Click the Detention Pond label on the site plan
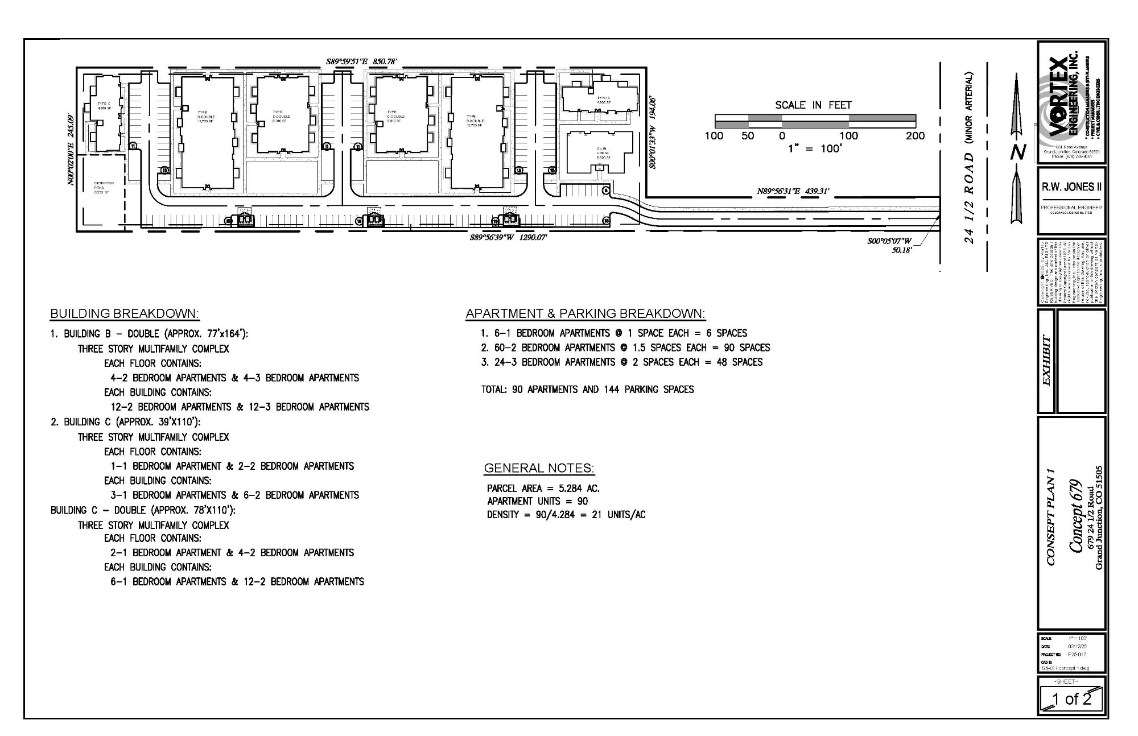tap(104, 187)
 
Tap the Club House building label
tap(603, 153)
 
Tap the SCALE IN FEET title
tap(813, 105)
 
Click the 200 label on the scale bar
tap(915, 136)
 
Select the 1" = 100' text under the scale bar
tap(814, 149)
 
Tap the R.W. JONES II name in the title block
tap(1071, 187)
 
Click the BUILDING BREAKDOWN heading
tap(125, 314)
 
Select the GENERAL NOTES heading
tap(539, 468)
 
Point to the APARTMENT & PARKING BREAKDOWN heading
tap(585, 314)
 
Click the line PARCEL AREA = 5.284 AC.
tap(543, 489)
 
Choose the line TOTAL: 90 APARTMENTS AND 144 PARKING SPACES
tap(587, 390)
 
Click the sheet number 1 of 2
tap(1071, 699)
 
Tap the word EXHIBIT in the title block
tap(1047, 361)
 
